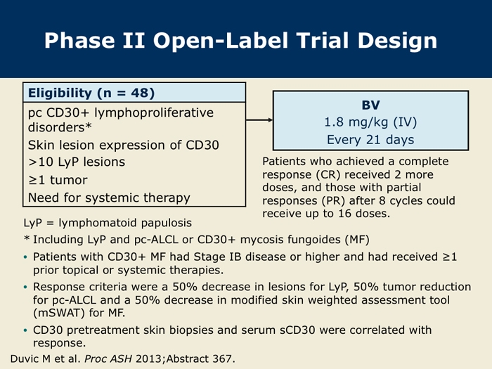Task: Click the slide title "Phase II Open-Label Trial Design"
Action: point(240,41)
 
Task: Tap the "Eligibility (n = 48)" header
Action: point(91,93)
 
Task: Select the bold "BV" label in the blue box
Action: point(370,105)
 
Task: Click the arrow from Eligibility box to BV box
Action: point(259,120)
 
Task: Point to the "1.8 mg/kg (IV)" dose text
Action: point(370,122)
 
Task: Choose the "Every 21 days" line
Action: point(370,139)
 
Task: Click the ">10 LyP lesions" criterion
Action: point(77,162)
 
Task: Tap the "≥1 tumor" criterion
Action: point(58,180)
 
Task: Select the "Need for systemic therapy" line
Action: point(109,198)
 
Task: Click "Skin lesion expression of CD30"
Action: point(123,145)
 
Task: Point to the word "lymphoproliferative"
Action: point(154,112)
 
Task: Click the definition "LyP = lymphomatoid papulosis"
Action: point(108,223)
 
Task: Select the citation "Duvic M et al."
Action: point(46,358)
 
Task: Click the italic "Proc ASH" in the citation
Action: point(108,359)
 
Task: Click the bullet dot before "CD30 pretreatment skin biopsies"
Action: point(25,330)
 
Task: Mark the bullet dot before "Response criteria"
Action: point(25,287)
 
